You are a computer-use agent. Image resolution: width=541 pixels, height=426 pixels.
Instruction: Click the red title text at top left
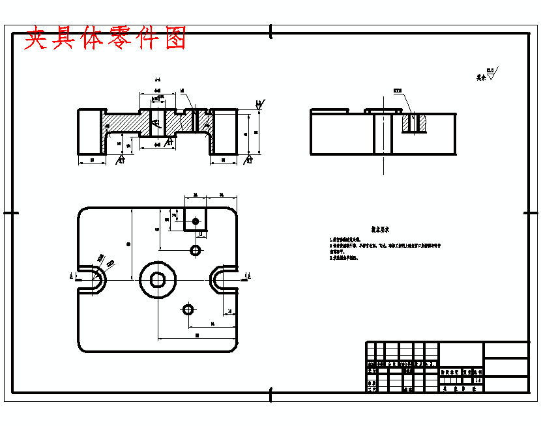coord(105,38)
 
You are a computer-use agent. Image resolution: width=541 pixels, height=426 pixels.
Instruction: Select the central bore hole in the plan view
coord(157,279)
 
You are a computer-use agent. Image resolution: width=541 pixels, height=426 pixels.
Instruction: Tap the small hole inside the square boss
coord(195,221)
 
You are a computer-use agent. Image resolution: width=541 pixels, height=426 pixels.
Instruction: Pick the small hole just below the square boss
coord(195,249)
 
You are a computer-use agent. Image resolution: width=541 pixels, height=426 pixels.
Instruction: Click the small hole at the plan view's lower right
coord(188,308)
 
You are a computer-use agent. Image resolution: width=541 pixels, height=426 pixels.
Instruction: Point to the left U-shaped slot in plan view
coord(93,278)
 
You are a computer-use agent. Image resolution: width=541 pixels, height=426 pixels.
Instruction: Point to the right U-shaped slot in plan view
coord(222,278)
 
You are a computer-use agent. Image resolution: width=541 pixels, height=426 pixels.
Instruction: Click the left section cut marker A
coord(71,276)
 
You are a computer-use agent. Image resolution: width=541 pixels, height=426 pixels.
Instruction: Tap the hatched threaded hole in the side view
coord(413,122)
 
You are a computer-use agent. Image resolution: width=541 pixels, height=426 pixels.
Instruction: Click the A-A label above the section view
coord(157,79)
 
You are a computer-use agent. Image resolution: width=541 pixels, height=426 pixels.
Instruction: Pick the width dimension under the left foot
coord(92,160)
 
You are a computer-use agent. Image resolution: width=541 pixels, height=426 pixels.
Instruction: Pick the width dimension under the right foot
coord(224,160)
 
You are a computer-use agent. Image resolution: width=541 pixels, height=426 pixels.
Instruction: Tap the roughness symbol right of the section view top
coord(259,104)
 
